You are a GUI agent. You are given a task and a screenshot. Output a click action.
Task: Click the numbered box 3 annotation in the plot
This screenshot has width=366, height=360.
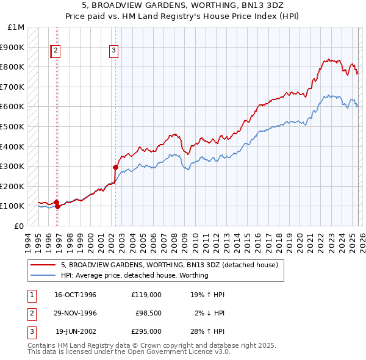114,51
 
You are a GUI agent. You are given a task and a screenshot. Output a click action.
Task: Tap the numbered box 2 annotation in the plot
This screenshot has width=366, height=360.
56,51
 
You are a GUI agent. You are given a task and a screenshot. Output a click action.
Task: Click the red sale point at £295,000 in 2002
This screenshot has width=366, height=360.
115,167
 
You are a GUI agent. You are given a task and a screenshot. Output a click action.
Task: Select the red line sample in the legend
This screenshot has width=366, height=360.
43,265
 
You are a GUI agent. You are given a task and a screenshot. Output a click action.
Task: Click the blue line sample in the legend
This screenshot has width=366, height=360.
43,275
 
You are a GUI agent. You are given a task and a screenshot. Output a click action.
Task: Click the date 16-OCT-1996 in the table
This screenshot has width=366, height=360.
76,295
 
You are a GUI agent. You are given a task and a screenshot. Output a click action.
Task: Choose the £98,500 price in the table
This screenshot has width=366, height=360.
148,313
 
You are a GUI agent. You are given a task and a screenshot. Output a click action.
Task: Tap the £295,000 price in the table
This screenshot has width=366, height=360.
146,331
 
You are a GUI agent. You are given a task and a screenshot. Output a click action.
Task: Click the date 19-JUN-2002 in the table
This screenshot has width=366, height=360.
76,331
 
